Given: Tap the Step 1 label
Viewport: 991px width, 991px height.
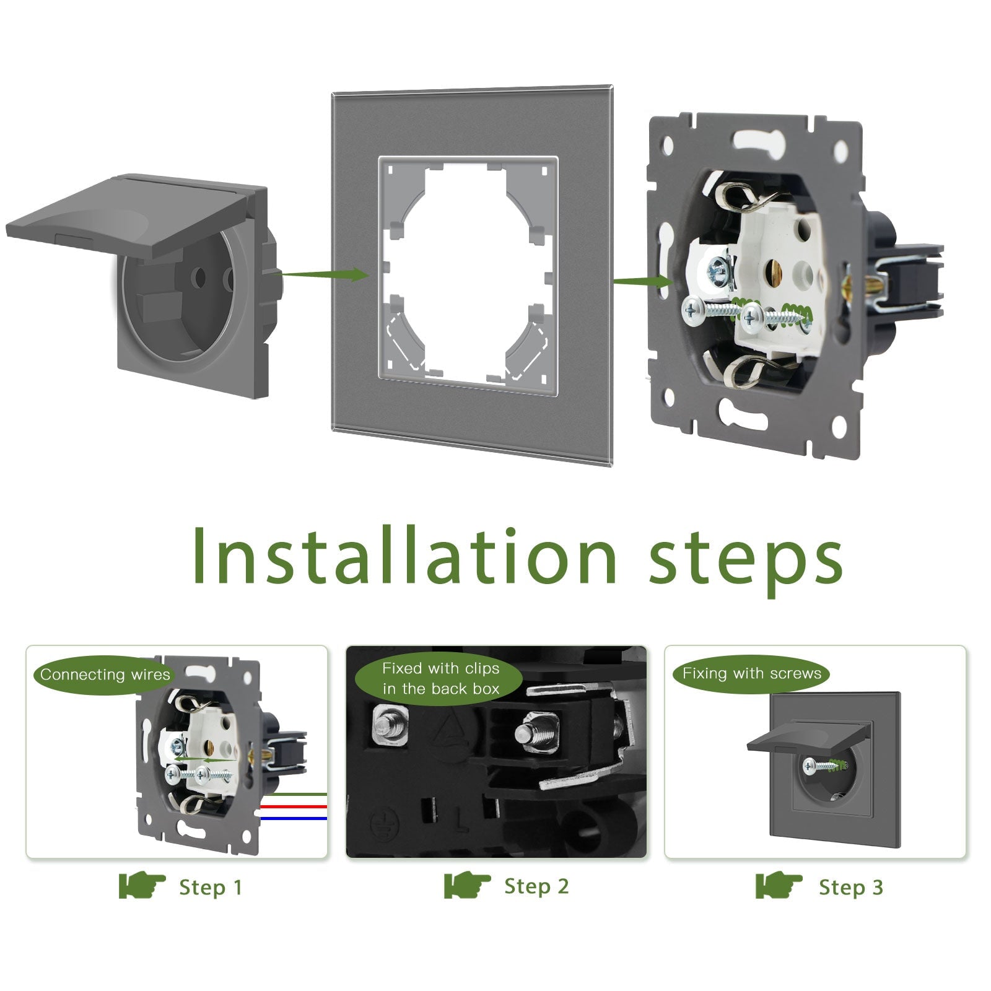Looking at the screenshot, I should click(210, 888).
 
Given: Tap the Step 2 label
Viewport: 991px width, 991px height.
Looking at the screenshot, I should click(536, 886).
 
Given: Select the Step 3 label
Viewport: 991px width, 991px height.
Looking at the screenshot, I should click(850, 888).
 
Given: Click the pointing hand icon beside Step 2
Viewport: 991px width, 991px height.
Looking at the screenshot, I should click(466, 886).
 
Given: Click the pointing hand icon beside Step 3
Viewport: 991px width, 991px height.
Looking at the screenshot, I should click(778, 886).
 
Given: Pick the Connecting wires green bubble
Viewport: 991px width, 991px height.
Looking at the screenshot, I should click(105, 674).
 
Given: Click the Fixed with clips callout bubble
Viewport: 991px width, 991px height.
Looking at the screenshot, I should click(440, 678).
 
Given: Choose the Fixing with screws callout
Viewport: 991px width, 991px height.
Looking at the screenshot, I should click(751, 673).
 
